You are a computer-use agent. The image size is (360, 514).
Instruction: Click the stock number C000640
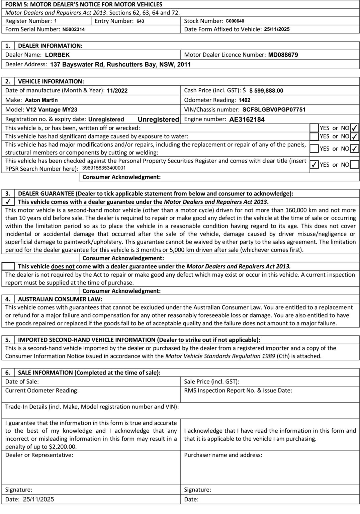(235, 21)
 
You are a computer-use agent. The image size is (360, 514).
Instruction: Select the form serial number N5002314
(73, 29)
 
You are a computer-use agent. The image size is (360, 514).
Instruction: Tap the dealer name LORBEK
(57, 55)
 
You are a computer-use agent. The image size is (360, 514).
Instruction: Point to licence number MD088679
(283, 55)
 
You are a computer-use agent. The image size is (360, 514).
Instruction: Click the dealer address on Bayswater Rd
(120, 64)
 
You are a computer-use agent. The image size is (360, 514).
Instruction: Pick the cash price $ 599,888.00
(266, 91)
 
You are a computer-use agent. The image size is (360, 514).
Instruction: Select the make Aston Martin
(41, 100)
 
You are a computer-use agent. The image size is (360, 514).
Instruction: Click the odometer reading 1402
(244, 100)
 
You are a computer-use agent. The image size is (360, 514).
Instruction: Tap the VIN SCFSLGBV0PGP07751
(274, 110)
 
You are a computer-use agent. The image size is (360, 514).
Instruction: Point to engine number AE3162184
(247, 119)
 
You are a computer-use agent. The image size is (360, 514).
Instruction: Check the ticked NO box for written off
(355, 128)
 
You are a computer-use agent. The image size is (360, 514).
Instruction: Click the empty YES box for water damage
(314, 137)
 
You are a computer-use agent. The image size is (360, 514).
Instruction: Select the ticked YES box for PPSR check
(314, 165)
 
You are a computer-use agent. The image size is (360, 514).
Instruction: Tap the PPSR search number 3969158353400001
(104, 168)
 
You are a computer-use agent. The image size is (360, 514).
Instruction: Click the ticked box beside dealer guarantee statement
(8, 202)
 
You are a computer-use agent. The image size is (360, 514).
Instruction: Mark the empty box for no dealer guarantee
(8, 266)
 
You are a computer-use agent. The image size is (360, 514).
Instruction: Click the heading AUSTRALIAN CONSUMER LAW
(60, 299)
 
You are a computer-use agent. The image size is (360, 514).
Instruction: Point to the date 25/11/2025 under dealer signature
(38, 499)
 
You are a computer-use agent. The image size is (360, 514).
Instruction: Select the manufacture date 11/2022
(117, 91)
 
